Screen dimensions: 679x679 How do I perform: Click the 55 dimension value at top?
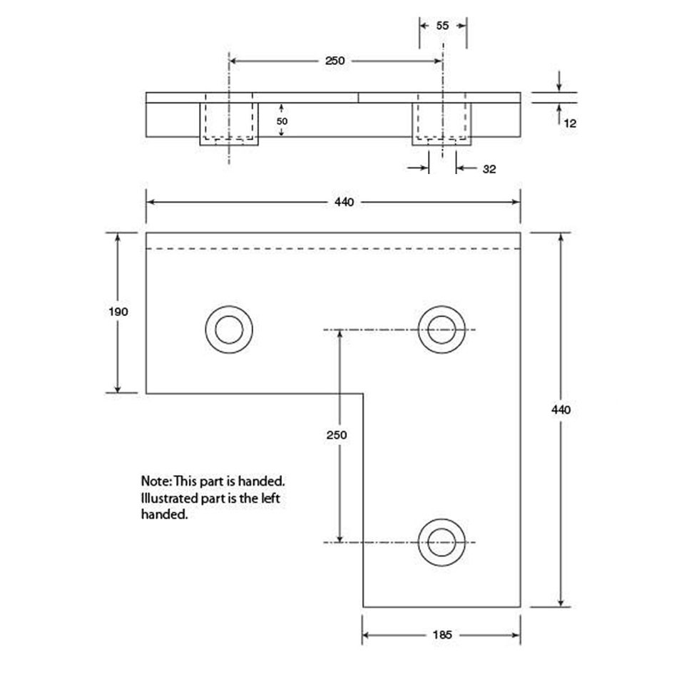[x=442, y=26]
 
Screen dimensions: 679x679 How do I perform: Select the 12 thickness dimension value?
[x=570, y=123]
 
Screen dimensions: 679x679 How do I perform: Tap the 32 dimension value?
[x=489, y=169]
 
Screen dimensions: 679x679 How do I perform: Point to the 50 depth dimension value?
[x=282, y=121]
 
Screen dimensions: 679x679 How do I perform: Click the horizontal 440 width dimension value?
[x=344, y=203]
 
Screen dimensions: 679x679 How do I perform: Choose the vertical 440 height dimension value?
[x=561, y=409]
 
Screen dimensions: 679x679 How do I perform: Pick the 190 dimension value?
[x=118, y=312]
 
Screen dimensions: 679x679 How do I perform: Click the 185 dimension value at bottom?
[x=442, y=635]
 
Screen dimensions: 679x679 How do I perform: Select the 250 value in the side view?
[x=335, y=61]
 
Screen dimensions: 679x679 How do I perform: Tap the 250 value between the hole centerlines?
[x=337, y=435]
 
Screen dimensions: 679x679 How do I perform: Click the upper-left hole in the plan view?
[x=229, y=330]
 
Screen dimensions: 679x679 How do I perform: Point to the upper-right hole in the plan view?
[x=441, y=330]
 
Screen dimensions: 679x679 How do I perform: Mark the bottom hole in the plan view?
[x=441, y=542]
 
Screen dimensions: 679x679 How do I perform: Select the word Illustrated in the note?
[x=169, y=499]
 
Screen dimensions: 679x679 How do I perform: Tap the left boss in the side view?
[x=229, y=124]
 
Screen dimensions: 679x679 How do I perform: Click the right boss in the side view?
[x=441, y=124]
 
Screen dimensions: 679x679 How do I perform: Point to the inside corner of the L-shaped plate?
[x=363, y=394]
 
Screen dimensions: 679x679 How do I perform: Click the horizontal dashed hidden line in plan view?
[x=333, y=248]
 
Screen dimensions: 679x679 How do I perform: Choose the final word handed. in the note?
[x=165, y=514]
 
